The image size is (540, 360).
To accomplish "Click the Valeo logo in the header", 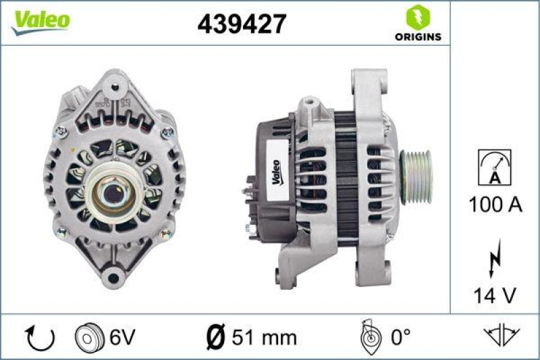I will pos(40,20).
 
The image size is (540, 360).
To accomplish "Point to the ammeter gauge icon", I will pos(494,167).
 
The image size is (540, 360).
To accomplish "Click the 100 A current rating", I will pos(495,204).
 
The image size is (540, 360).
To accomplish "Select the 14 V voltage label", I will pos(495,294).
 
